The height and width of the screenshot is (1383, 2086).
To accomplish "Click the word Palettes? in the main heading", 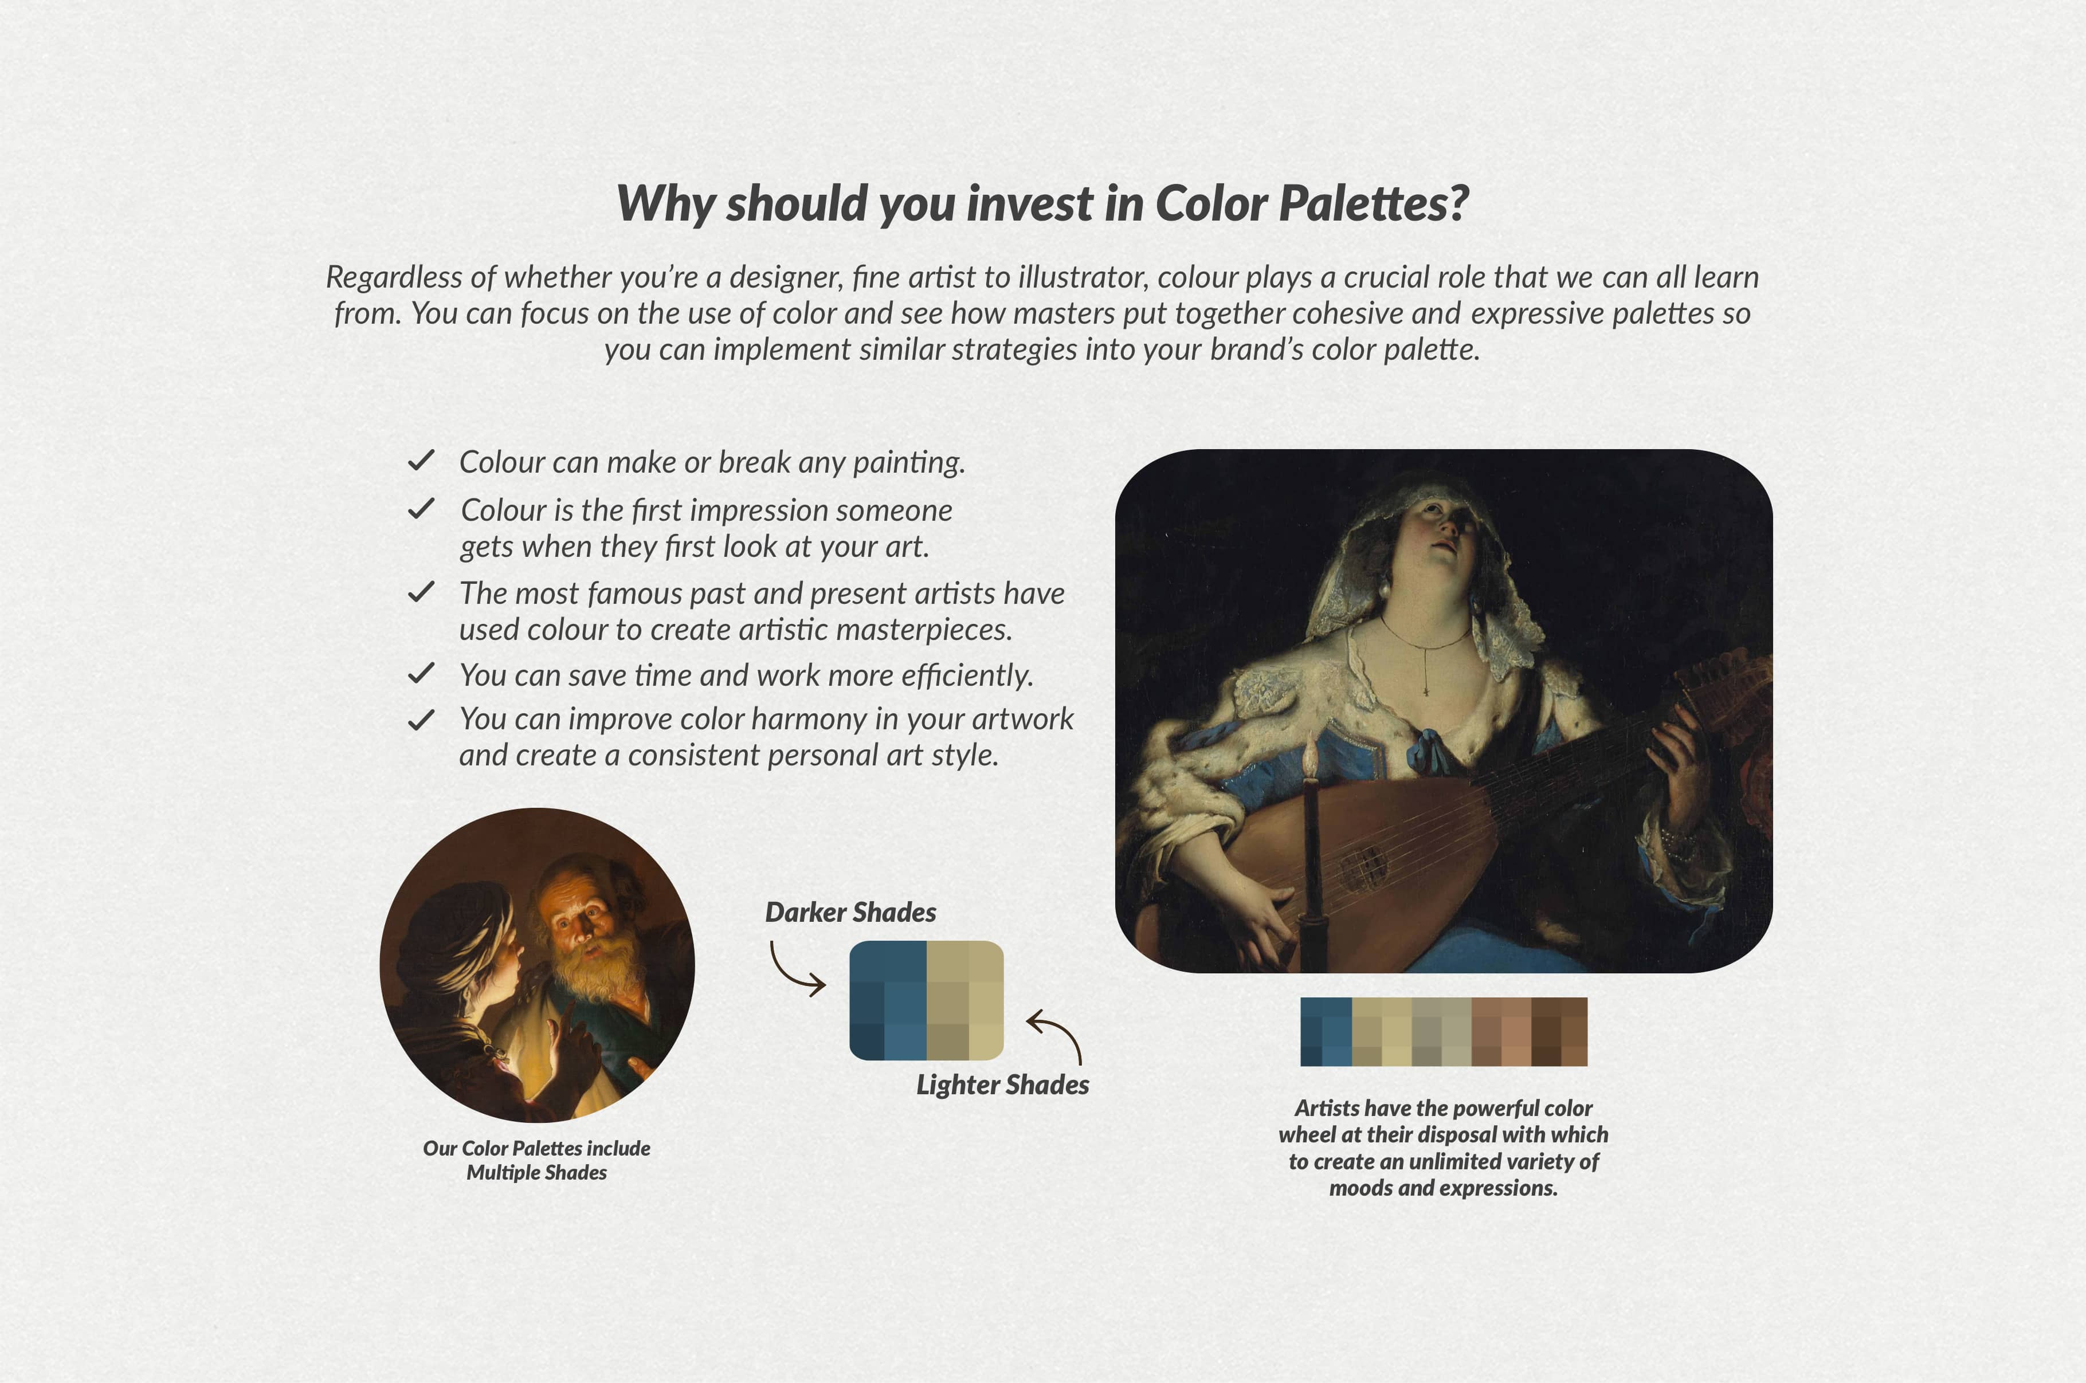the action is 1373,204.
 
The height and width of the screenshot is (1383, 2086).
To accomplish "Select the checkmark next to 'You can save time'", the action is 421,673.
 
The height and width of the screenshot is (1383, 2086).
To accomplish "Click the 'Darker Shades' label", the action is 850,912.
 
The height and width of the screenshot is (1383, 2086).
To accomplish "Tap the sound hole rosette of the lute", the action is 1363,865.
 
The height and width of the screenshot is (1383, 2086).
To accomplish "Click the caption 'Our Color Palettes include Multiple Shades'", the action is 536,1160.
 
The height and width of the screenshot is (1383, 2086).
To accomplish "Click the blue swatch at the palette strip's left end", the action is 1326,1032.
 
